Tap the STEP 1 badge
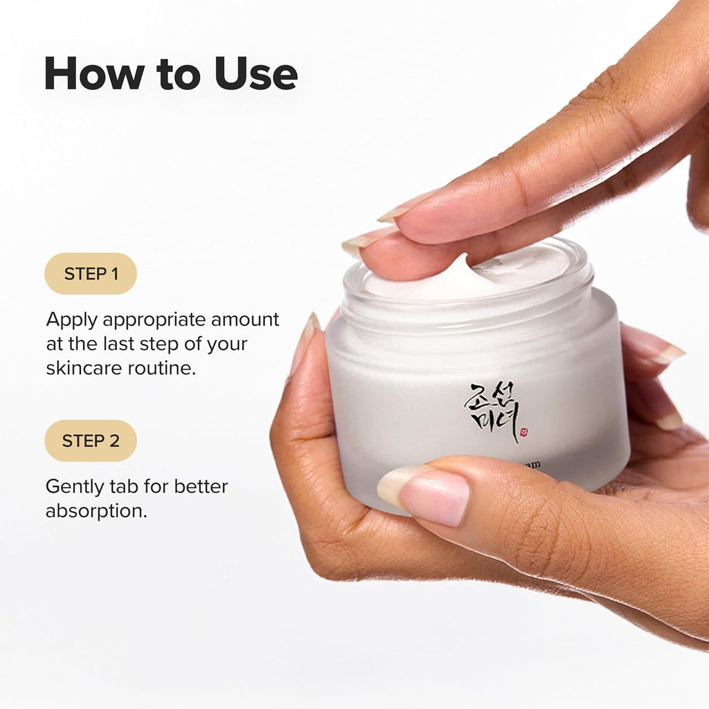91,273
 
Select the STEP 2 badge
91,440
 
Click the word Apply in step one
73,321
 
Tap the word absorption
96,512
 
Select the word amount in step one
245,320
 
